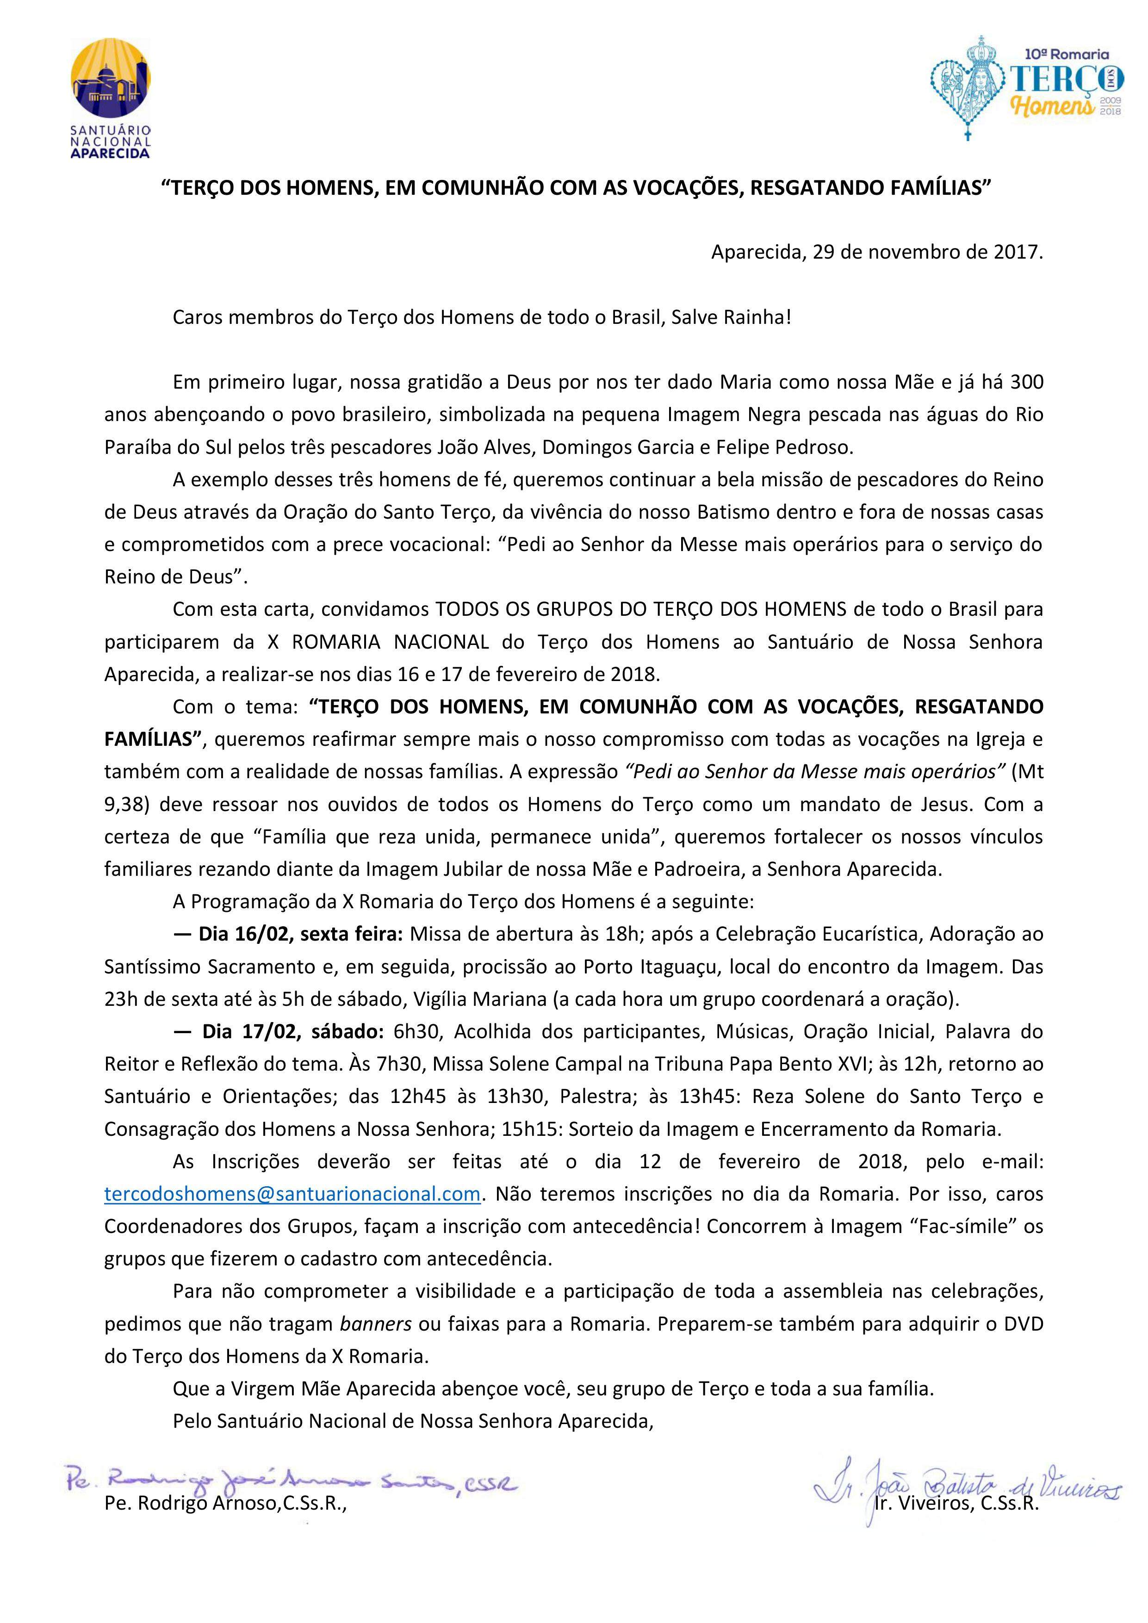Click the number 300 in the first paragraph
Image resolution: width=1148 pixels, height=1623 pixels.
pos(1026,383)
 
